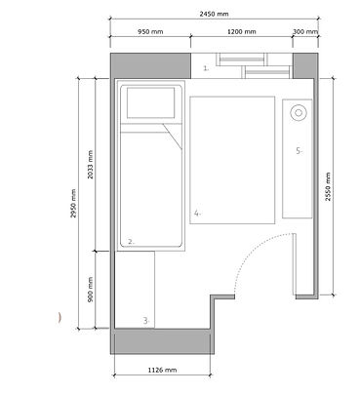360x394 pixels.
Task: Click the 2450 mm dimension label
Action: (x=214, y=14)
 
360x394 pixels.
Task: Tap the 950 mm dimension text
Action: (x=150, y=32)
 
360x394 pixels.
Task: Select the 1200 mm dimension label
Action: (x=241, y=32)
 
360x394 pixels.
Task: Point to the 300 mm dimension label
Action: (x=305, y=32)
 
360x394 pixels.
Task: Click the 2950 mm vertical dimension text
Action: (x=73, y=203)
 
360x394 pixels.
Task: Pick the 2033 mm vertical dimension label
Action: (x=91, y=165)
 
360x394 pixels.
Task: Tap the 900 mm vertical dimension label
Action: (x=91, y=290)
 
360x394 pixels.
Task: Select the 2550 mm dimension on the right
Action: (x=328, y=186)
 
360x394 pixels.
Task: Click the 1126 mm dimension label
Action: (x=162, y=370)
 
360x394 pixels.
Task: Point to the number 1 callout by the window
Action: (x=206, y=68)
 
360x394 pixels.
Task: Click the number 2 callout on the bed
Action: (x=131, y=242)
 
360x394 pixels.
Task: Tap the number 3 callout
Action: (x=146, y=321)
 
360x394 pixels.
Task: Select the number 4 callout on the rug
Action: (x=197, y=214)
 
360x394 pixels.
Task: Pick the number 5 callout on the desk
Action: (x=299, y=151)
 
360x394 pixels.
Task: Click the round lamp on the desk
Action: (x=299, y=113)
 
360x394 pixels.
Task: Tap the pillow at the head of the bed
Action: (x=151, y=102)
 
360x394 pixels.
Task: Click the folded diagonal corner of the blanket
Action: (x=173, y=137)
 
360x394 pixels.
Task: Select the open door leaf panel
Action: (x=294, y=263)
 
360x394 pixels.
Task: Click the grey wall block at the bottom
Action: (x=163, y=341)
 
